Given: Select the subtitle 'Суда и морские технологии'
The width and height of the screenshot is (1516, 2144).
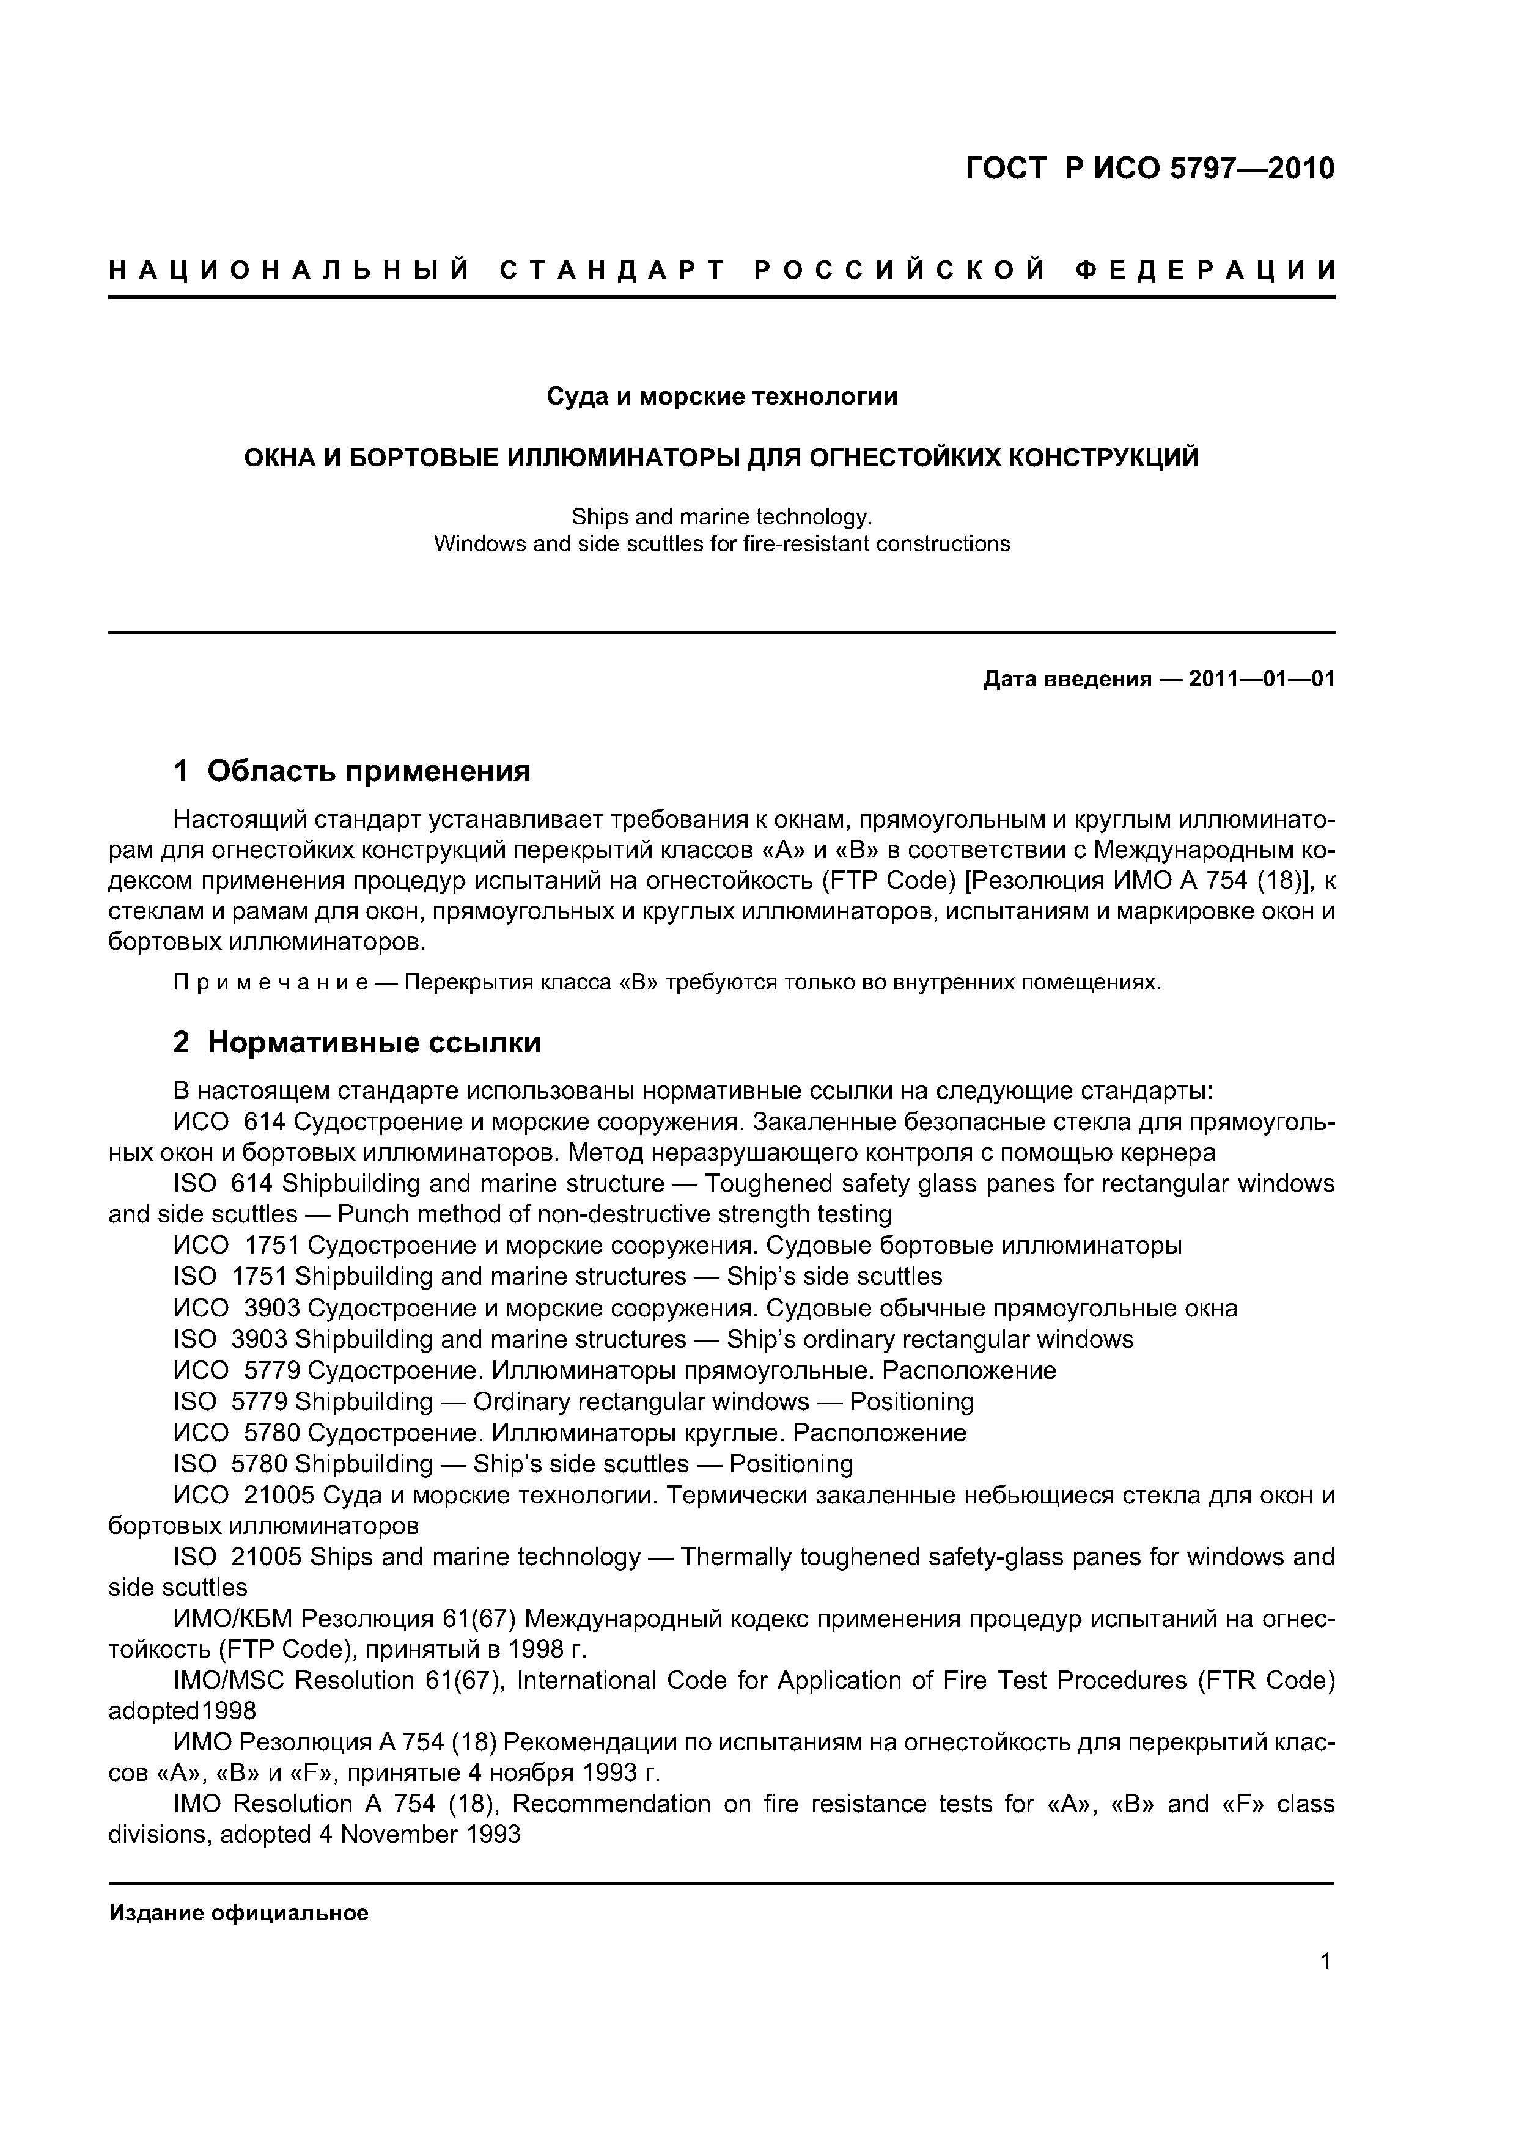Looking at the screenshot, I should coord(721,397).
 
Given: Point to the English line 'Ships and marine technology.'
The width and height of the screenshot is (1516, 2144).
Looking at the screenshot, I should coord(721,516).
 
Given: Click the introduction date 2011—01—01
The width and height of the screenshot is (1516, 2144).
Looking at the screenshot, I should coord(1262,679).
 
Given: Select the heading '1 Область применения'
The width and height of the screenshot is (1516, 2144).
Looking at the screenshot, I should coord(352,771).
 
